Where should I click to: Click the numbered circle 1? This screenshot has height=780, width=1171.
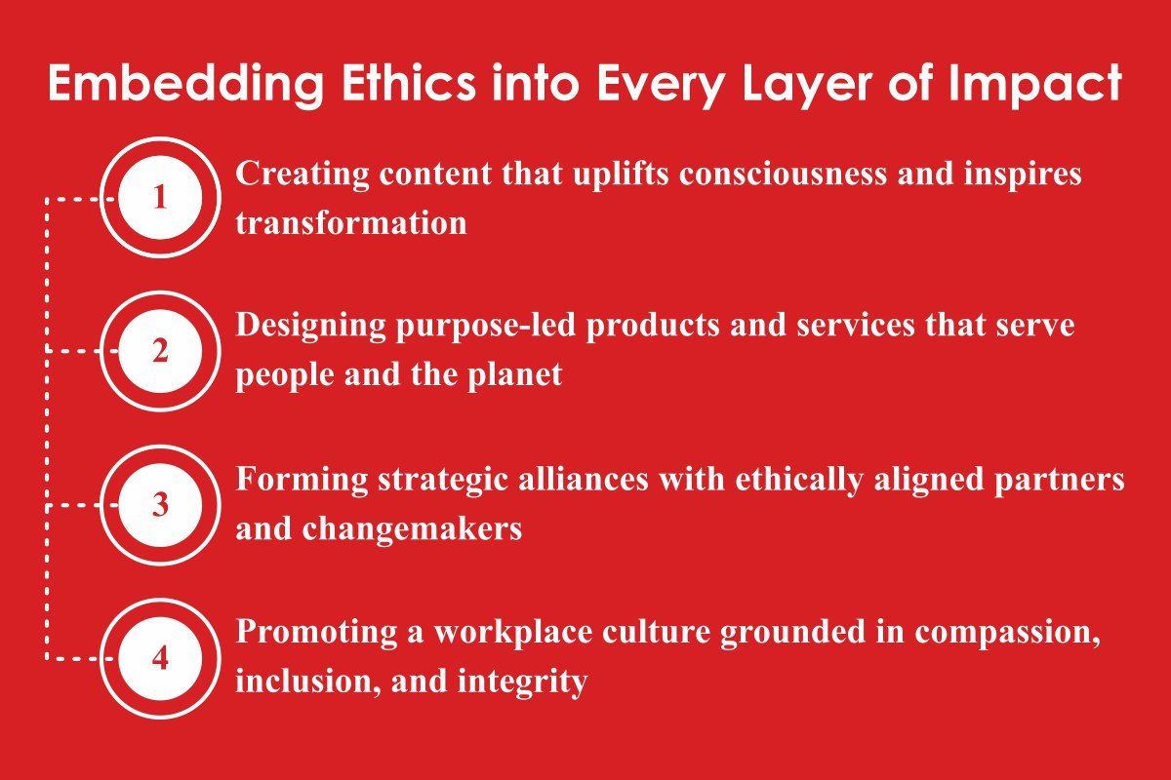coord(160,198)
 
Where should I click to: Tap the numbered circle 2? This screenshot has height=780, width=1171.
coord(160,351)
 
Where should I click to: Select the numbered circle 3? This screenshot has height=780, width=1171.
coord(160,505)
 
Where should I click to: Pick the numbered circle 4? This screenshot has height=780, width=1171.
coord(160,658)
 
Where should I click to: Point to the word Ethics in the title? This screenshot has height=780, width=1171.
coord(409,83)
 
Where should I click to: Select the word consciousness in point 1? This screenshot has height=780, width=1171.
coord(783,173)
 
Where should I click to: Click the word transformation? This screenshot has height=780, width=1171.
coord(350,222)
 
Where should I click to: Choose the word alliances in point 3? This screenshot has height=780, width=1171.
coord(583,479)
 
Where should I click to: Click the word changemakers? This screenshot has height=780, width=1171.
coord(412,529)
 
